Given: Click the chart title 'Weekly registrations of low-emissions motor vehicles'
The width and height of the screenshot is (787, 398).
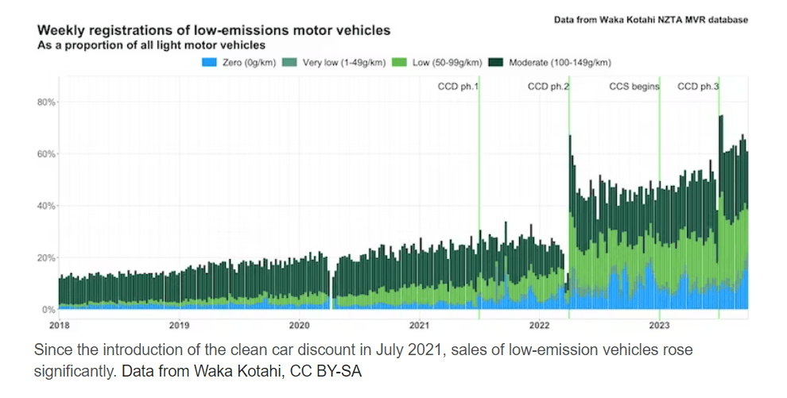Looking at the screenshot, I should tap(214, 31).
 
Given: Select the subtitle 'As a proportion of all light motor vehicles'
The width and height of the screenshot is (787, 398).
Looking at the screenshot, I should tap(151, 45).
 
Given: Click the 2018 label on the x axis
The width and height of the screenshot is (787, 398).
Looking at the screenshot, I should tap(59, 325).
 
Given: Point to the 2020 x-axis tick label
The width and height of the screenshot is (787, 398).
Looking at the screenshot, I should tap(299, 325).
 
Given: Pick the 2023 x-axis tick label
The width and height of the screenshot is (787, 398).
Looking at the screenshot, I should tap(659, 325).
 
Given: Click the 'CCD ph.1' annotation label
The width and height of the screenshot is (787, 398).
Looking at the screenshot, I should tap(458, 86).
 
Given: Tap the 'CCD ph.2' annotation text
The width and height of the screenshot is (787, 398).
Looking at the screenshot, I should tap(549, 86).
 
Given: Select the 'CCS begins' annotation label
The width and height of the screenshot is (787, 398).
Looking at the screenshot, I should tap(634, 86).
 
